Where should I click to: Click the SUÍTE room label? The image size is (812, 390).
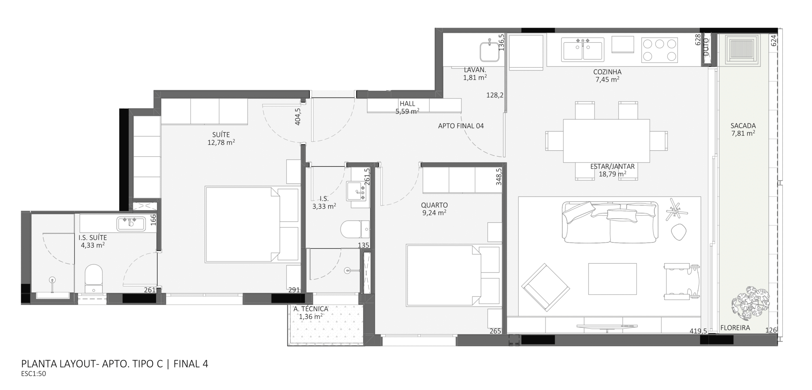coord(221,135)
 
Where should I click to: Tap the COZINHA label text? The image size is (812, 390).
coord(607,72)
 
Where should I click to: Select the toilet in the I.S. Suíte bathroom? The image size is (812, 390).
coord(94,279)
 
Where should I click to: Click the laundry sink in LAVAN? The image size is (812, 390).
coord(490,52)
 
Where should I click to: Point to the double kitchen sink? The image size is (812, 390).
coord(583,50)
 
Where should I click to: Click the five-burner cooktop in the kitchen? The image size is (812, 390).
coord(660,50)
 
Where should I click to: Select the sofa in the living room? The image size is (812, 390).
coord(610,222)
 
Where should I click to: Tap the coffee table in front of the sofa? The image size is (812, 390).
coord(612,279)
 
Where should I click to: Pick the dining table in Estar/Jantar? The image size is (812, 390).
coord(606,141)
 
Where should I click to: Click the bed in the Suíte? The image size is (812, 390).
coord(252,225)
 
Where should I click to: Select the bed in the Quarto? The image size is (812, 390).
coord(453,275)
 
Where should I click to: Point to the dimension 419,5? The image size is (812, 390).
coord(698,331)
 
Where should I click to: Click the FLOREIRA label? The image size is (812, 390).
coord(735,328)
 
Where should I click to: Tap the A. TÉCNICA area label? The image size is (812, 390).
coord(311,309)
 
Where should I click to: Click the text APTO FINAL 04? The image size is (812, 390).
coord(461,126)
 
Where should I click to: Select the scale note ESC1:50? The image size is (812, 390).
coord(33,374)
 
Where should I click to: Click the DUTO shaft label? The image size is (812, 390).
coord(706,47)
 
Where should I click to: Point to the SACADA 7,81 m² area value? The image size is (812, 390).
coord(743,133)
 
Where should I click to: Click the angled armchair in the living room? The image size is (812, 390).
coord(545,287)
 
